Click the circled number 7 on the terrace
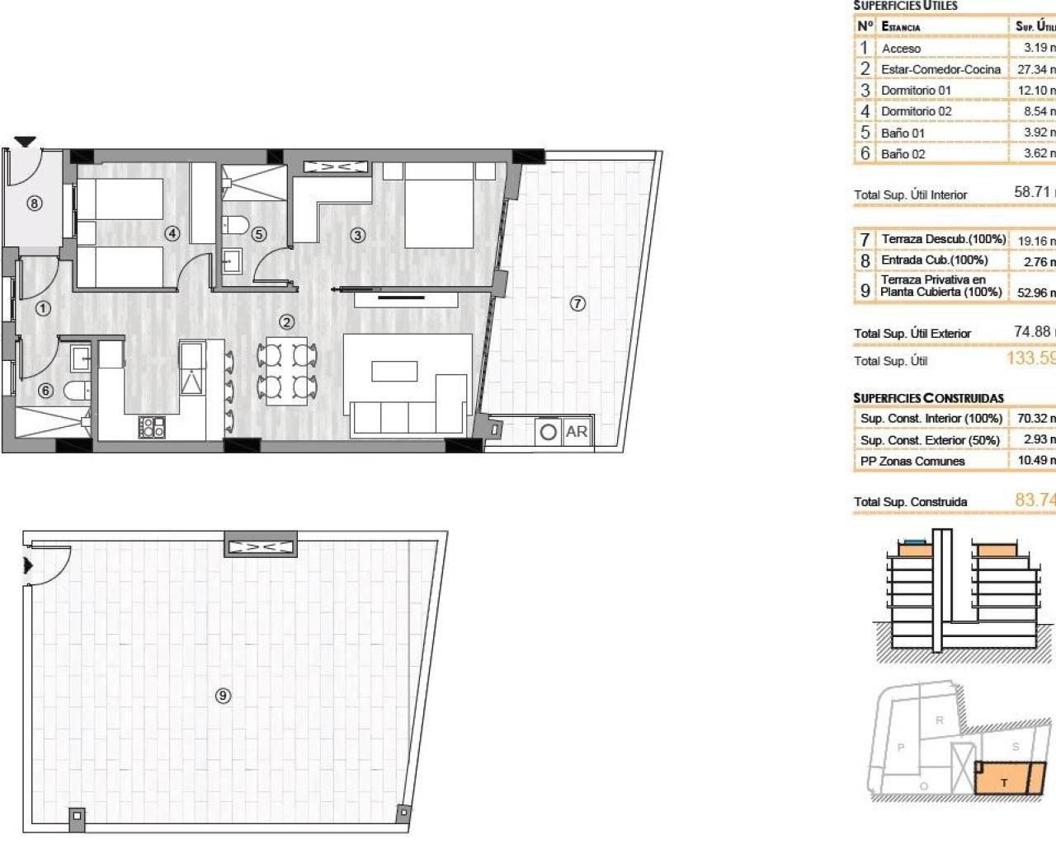(x=577, y=303)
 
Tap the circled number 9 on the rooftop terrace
(x=223, y=696)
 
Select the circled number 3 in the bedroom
(x=357, y=235)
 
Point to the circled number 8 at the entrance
(x=34, y=203)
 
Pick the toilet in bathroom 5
(x=234, y=223)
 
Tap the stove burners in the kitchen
(x=152, y=426)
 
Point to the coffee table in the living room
(x=394, y=372)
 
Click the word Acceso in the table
(x=901, y=49)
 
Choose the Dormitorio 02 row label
(x=916, y=111)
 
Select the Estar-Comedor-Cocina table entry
(x=940, y=69)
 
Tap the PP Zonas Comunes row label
(x=912, y=462)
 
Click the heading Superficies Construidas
(x=928, y=398)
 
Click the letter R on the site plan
(x=939, y=720)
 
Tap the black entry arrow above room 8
(x=26, y=142)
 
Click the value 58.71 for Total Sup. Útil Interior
(x=1032, y=192)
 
